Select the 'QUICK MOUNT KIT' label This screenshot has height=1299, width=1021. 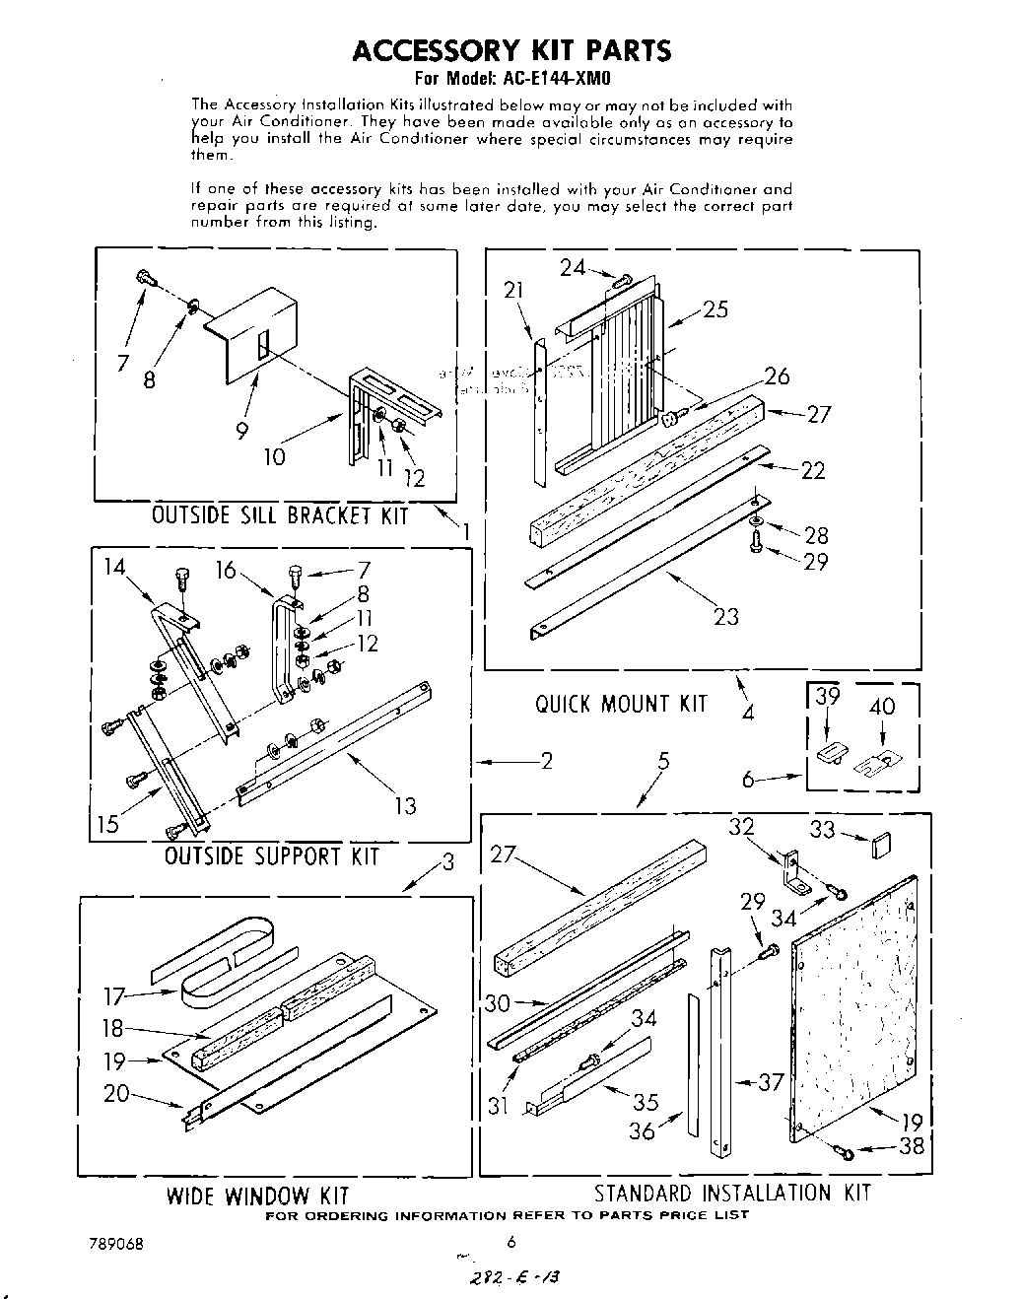621,704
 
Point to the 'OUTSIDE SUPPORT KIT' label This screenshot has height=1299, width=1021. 271,855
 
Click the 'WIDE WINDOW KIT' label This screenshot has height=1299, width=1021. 257,1196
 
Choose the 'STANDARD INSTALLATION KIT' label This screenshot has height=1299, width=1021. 731,1193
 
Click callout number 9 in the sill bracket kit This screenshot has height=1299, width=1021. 241,431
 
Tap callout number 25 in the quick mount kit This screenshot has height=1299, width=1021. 715,308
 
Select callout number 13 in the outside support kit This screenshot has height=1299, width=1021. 405,806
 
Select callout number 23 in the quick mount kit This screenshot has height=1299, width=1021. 726,617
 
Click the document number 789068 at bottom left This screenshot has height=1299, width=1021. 115,1244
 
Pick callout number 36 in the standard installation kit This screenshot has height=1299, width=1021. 642,1130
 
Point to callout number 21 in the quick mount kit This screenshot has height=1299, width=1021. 513,290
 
